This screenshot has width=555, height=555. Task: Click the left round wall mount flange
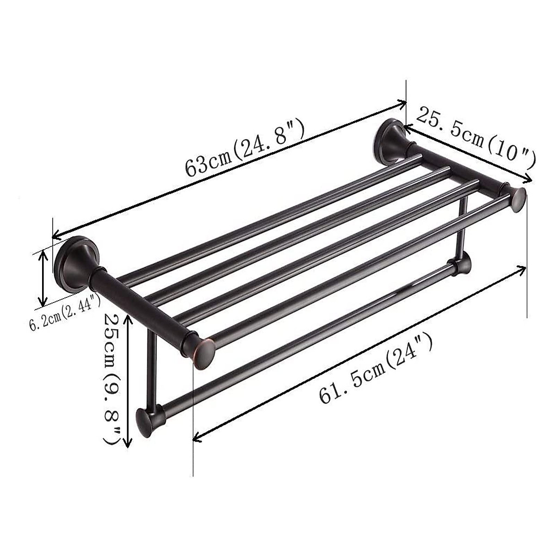coord(74,261)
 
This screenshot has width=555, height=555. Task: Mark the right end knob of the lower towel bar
coord(462,264)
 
